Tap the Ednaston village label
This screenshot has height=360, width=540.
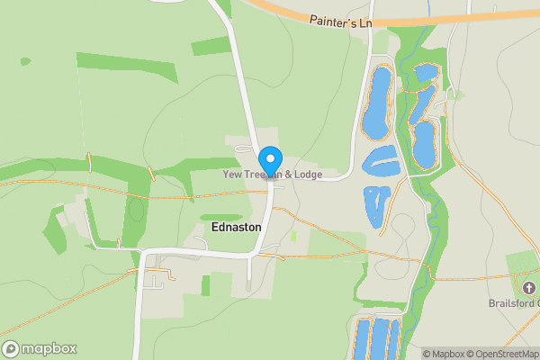236,228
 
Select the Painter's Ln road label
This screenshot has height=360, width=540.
340,20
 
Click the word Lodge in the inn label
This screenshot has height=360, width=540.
307,174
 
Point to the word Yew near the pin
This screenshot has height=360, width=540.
232,174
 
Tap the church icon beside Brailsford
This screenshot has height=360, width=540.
527,287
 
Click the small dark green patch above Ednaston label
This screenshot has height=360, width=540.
221,217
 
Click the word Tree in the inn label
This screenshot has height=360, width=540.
253,174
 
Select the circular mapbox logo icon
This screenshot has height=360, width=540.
11,349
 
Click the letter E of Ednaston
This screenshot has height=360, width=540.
213,228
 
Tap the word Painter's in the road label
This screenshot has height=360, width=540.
330,20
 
